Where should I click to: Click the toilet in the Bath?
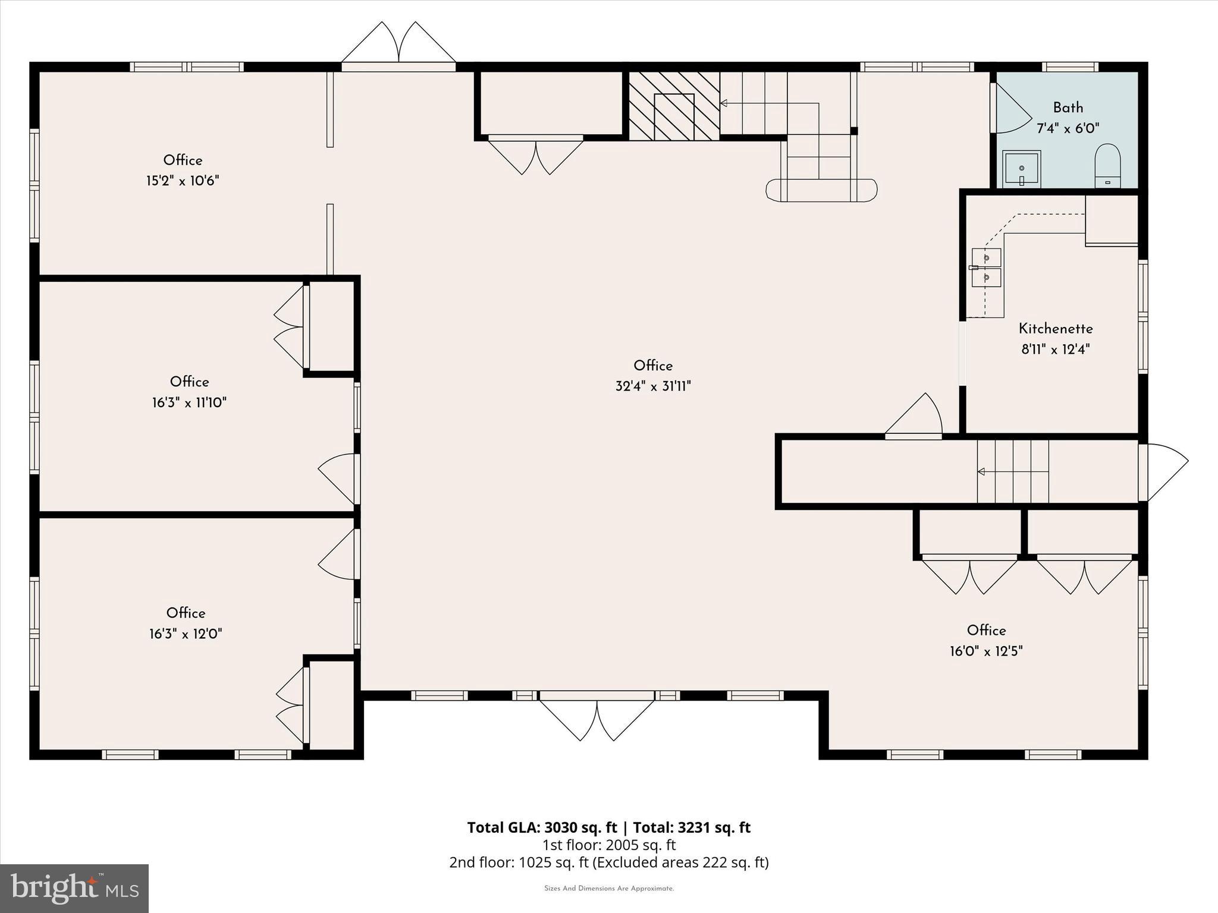click(1107, 166)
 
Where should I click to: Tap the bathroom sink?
click(1021, 169)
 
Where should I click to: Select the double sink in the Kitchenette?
click(987, 267)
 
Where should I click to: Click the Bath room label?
click(1068, 108)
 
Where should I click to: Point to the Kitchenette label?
click(1056, 329)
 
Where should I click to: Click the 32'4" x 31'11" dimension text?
click(653, 386)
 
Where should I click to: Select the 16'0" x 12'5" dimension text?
click(986, 651)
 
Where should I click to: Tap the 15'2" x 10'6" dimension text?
click(183, 181)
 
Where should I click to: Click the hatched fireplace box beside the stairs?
click(674, 106)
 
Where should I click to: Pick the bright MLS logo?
click(74, 888)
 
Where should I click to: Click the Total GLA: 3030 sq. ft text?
click(542, 827)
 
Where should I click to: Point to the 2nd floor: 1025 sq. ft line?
click(609, 862)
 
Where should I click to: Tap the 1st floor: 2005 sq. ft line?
click(609, 845)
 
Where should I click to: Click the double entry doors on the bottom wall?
click(597, 716)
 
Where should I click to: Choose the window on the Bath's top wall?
click(1071, 67)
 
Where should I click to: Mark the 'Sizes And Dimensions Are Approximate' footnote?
click(609, 889)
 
